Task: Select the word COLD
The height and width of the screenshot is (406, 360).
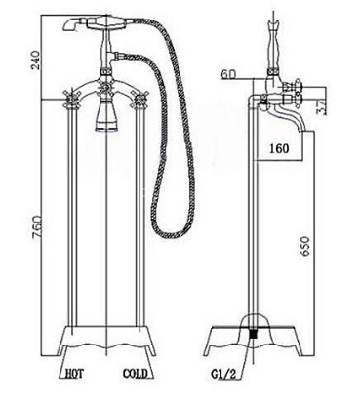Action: coord(136,372)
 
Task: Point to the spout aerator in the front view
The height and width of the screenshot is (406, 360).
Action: coord(106,124)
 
